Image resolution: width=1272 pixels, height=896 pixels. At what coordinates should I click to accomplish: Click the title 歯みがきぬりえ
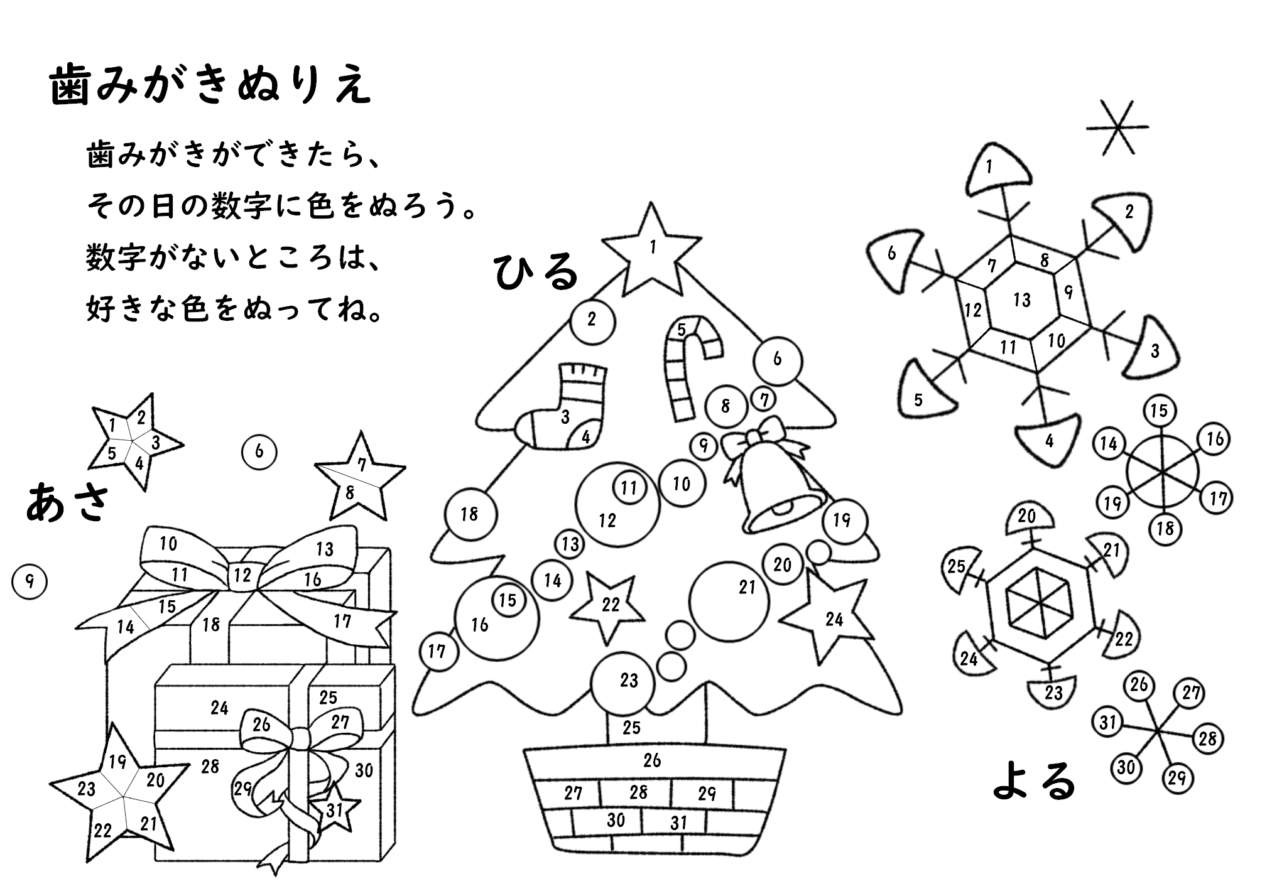pos(210,86)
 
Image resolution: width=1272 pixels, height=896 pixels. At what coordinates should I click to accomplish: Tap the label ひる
pos(536,272)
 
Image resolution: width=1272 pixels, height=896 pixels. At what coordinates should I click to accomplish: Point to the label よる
pos(1034,780)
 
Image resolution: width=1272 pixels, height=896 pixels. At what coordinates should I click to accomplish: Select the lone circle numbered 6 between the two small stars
pos(259,451)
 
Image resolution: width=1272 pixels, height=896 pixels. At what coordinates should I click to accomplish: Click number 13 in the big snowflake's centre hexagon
pos(1022,300)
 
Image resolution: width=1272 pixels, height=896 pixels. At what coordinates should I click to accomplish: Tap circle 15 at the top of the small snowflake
pos(1159,411)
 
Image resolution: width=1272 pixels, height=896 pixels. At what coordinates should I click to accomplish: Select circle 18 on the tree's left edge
pos(470,514)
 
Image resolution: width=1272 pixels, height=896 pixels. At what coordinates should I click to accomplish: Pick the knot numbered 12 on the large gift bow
pos(242,575)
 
